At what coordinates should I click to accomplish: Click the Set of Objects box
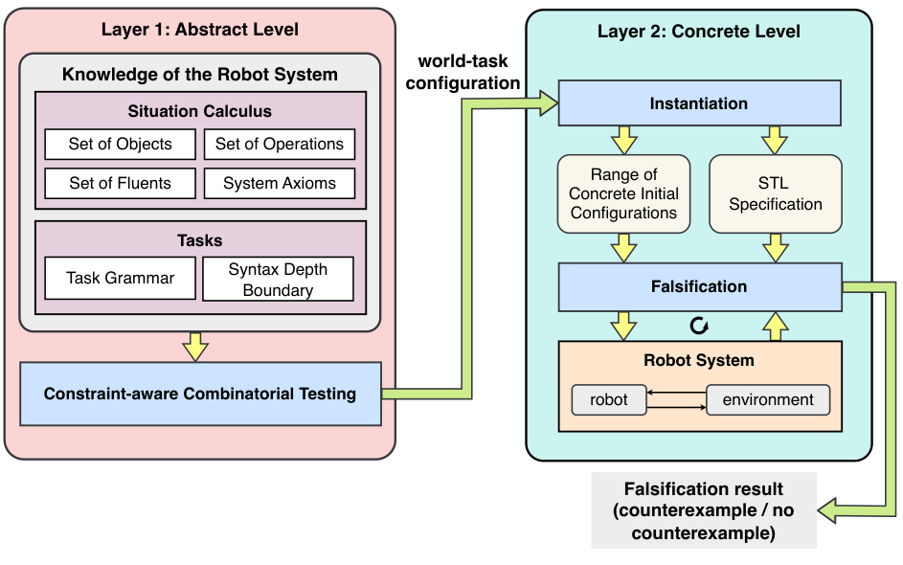coord(120,145)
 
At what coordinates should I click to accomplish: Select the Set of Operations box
coord(279,145)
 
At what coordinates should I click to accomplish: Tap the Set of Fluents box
coord(120,183)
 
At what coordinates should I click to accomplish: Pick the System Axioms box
coord(279,183)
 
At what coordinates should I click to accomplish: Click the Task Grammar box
coord(120,279)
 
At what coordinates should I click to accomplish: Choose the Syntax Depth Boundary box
coord(278,279)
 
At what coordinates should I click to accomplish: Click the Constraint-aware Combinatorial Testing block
coord(200,394)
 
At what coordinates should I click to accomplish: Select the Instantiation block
coord(699,103)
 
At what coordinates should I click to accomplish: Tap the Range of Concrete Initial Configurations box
coord(623,194)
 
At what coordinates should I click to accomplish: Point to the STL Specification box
coord(775,194)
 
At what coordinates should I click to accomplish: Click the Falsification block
coord(699,286)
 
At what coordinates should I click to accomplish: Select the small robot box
coord(608,399)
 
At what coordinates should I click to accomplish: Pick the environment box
coord(768,399)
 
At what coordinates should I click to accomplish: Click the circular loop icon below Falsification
coord(699,327)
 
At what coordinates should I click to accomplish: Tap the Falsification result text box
coord(703,510)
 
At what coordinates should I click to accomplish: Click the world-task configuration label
coord(463,72)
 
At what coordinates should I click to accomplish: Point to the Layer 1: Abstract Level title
coord(200,30)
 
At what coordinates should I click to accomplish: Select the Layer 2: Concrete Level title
coord(699,32)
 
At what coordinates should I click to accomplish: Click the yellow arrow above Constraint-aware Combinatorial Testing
coord(195,347)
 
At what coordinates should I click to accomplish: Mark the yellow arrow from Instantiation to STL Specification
coord(775,140)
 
